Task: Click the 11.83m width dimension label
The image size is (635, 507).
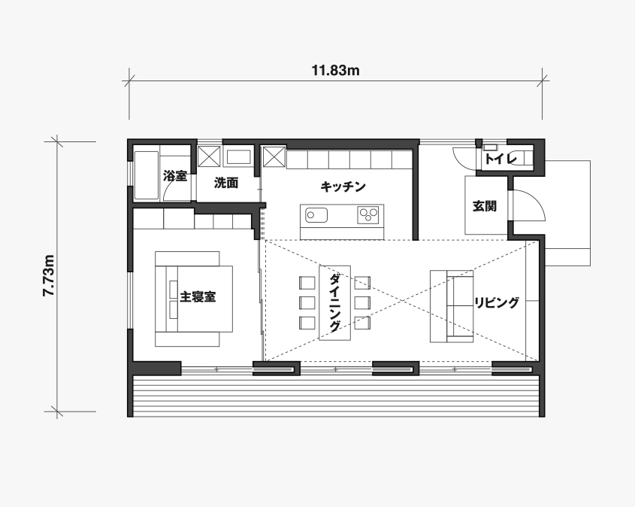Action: [x=335, y=71]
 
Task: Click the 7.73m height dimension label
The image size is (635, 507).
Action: [x=49, y=275]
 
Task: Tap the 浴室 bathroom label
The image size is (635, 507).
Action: [x=175, y=176]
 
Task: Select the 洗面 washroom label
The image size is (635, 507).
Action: [x=226, y=184]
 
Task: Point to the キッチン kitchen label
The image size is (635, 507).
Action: [x=343, y=187]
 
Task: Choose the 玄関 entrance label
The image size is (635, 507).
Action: [x=485, y=206]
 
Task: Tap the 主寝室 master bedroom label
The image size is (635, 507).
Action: [x=198, y=297]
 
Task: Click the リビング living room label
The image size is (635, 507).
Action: [x=497, y=302]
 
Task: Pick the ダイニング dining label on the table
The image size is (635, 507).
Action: [x=335, y=302]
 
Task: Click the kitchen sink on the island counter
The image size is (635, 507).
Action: [x=316, y=215]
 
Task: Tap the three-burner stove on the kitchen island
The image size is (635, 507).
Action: [x=368, y=214]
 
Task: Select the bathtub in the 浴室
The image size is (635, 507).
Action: [x=147, y=175]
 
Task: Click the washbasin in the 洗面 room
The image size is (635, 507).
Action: [x=238, y=157]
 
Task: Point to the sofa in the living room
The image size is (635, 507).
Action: [x=452, y=306]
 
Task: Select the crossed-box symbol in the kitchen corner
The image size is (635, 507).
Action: [x=274, y=157]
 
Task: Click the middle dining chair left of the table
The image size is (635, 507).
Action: [x=307, y=302]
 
